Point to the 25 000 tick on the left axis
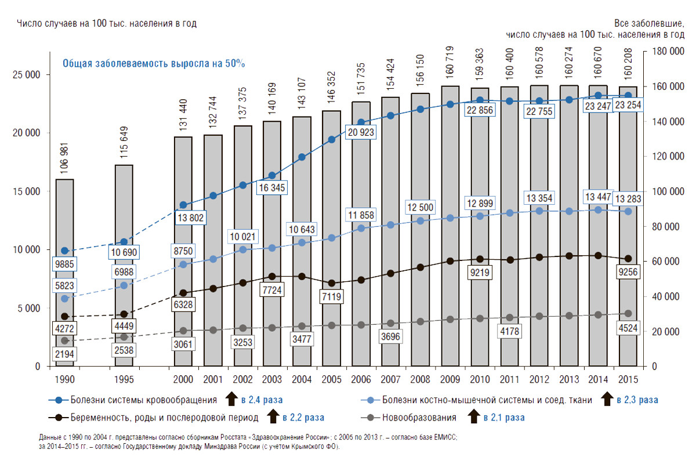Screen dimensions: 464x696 pyautogui.click(x=25, y=75)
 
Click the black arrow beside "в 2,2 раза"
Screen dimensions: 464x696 pyautogui.click(x=271, y=416)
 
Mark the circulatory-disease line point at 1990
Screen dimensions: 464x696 pyautogui.click(x=64, y=251)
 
